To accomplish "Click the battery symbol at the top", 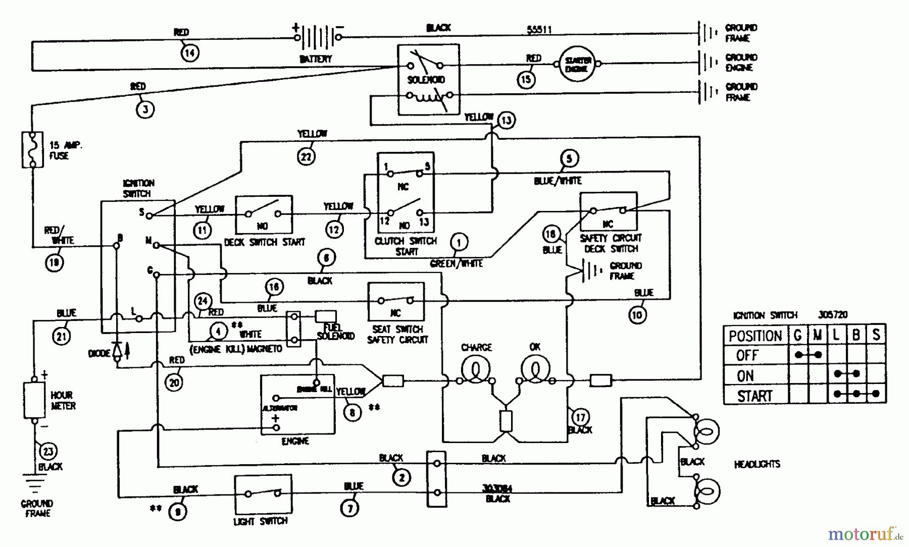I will tap(317, 38).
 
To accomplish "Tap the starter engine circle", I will tap(578, 64).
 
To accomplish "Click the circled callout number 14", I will tap(190, 52).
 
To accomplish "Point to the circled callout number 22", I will tap(306, 156).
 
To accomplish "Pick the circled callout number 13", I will tap(506, 120).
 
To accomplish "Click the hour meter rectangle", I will tap(34, 400).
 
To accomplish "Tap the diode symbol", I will tap(117, 351).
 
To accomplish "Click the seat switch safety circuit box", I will tap(396, 301).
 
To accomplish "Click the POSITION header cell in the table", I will tap(755, 336).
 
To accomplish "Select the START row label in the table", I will tap(755, 396).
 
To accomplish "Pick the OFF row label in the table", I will tap(747, 355).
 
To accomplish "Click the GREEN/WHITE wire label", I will tap(456, 263).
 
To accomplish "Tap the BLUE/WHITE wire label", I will tap(558, 181).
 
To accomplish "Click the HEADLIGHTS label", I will tap(756, 464).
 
